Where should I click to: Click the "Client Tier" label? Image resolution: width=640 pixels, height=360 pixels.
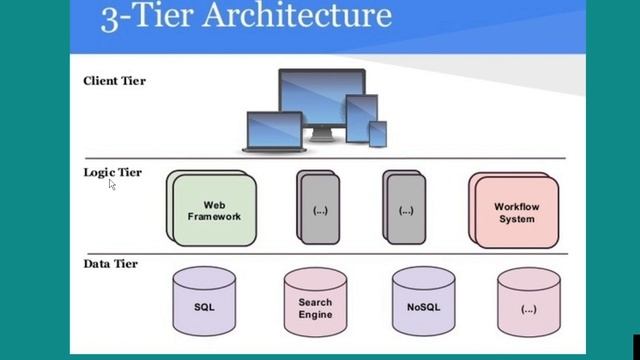pos(114,80)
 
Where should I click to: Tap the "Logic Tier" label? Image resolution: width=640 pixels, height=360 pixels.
pos(112,172)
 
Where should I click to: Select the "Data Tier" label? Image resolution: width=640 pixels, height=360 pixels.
pos(110,264)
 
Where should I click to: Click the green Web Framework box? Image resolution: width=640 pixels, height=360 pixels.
pos(215,211)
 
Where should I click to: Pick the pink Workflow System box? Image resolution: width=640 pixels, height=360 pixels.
pos(515,212)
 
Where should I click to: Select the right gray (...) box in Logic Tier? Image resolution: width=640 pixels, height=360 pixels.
pos(405,211)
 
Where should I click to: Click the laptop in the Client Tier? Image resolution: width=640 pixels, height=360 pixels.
pos(274,130)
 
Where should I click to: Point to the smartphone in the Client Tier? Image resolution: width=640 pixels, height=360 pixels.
pos(378,134)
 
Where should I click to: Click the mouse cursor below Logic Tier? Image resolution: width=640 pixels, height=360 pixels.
pos(112,185)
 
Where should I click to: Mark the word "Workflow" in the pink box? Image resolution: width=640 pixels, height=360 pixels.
pos(515,207)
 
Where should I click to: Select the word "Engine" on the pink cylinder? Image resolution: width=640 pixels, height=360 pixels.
pos(315,313)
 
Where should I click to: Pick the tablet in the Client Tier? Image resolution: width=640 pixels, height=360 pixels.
pos(360,117)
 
